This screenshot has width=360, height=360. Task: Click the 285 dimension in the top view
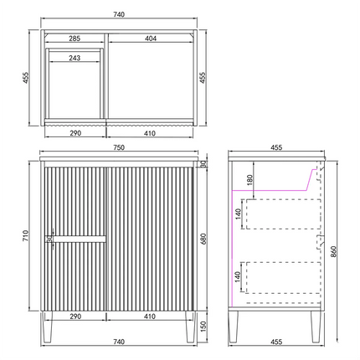point(75,39)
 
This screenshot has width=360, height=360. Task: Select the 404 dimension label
point(151,39)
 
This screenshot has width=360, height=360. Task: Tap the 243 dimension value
point(75,58)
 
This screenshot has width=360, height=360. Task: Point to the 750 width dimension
point(119,147)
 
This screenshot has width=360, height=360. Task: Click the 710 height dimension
point(26,236)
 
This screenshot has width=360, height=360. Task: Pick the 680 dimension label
point(203,239)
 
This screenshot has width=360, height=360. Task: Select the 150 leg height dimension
point(203,327)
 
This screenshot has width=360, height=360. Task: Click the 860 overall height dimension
point(333,252)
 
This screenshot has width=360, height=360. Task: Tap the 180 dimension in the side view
point(249,180)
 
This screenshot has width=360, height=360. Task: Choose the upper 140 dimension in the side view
point(238,214)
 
